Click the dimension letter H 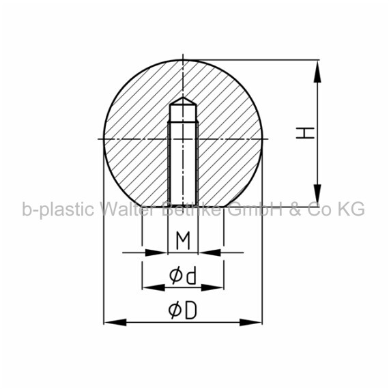coord(305,132)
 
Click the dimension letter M coord(183,240)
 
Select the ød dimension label coord(183,275)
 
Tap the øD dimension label coord(183,310)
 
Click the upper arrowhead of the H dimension coord(317,72)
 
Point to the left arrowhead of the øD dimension coord(115,323)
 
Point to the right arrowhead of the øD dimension coord(251,323)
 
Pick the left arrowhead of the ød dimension coord(154,288)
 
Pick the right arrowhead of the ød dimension coord(212,288)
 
